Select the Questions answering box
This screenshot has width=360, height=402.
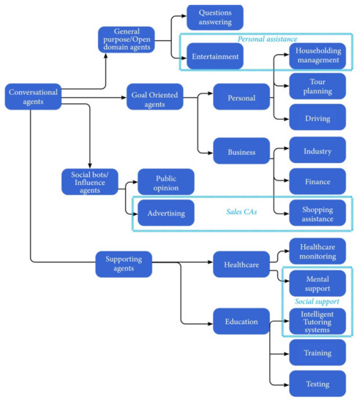[215, 17]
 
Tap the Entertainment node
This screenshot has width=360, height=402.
[214, 56]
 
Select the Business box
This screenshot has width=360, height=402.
[241, 152]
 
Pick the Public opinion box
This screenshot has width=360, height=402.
[165, 182]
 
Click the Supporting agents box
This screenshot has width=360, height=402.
[124, 263]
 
